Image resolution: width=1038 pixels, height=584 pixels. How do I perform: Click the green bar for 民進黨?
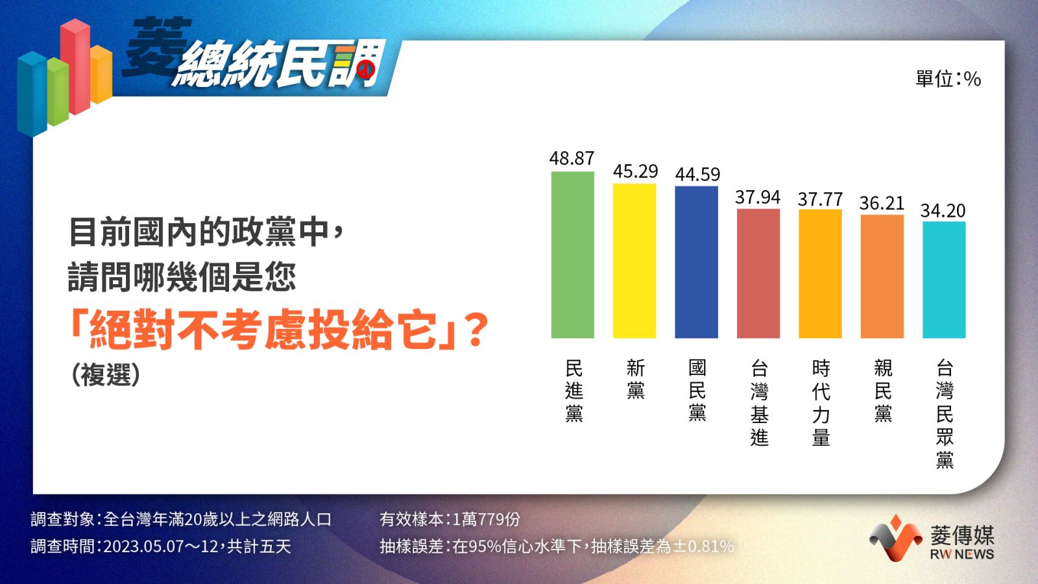[572, 255]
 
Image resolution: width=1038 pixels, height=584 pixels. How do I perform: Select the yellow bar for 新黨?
[634, 261]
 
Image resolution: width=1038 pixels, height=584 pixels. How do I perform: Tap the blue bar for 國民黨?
[697, 262]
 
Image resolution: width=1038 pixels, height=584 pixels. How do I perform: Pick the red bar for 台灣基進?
[758, 273]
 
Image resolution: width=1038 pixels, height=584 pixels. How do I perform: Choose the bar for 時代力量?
[820, 274]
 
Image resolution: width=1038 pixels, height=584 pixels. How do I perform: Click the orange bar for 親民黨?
[882, 276]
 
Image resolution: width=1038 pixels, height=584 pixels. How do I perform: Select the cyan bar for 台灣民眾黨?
[945, 280]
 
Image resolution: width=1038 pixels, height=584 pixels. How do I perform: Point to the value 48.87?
[572, 158]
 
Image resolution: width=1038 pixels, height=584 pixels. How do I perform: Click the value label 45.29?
[635, 171]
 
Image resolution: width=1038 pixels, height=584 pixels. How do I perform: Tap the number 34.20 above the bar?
[943, 211]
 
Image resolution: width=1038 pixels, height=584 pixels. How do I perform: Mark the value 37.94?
[758, 197]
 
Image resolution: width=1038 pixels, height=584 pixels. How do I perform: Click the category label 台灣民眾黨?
[945, 413]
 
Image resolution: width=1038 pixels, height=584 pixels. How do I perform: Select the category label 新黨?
[636, 379]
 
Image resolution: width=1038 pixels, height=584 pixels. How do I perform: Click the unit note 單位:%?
[948, 79]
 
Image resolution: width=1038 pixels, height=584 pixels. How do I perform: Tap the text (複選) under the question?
[106, 374]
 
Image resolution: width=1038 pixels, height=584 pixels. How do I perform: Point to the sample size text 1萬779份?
[486, 519]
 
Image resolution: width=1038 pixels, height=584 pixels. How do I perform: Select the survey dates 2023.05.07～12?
[161, 546]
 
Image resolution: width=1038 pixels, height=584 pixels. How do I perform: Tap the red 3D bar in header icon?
[75, 66]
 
